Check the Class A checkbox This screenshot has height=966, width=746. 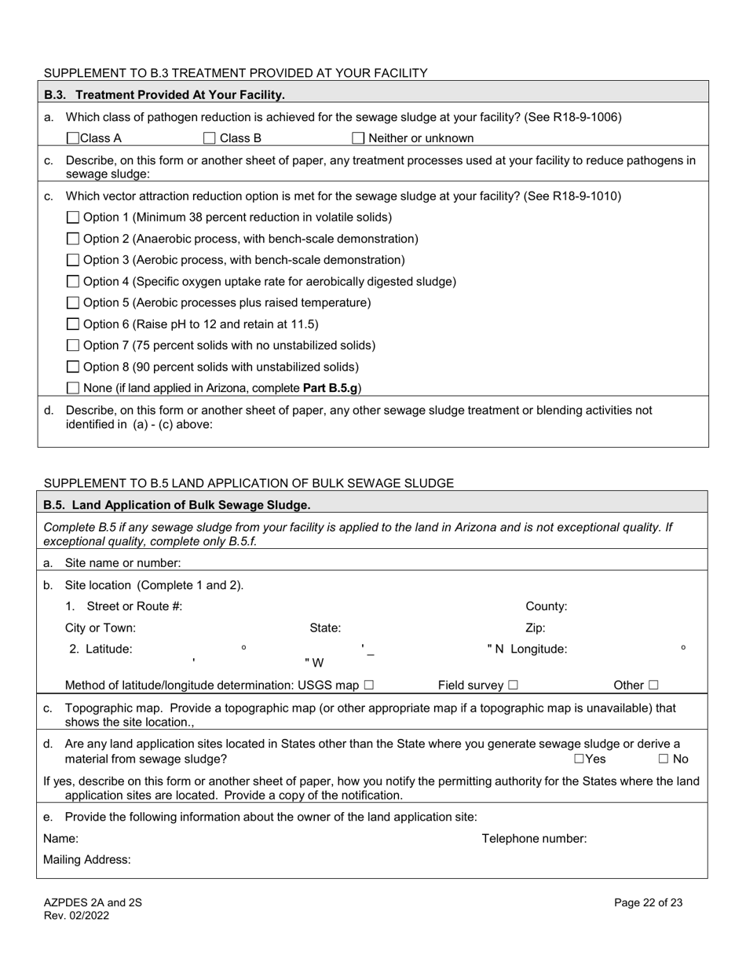[73, 139]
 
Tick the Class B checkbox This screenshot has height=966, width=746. [210, 139]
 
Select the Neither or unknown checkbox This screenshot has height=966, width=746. [358, 139]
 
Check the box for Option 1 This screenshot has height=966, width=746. [73, 218]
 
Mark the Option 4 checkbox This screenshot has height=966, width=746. [73, 282]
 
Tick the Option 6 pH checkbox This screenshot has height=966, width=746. [73, 324]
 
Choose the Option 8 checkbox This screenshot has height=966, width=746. [73, 368]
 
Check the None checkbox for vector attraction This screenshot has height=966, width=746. [73, 388]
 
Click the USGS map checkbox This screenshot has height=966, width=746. [369, 686]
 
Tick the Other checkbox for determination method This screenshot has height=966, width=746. [653, 686]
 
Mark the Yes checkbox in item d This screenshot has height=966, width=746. [579, 759]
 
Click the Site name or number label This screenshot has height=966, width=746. [123, 563]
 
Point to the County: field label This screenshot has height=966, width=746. [546, 606]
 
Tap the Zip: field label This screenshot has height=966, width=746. [535, 628]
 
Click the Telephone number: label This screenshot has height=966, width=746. [534, 839]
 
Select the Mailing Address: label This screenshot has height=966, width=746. [87, 860]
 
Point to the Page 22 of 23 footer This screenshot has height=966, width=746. [648, 903]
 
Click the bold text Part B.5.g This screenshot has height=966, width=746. [330, 388]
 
